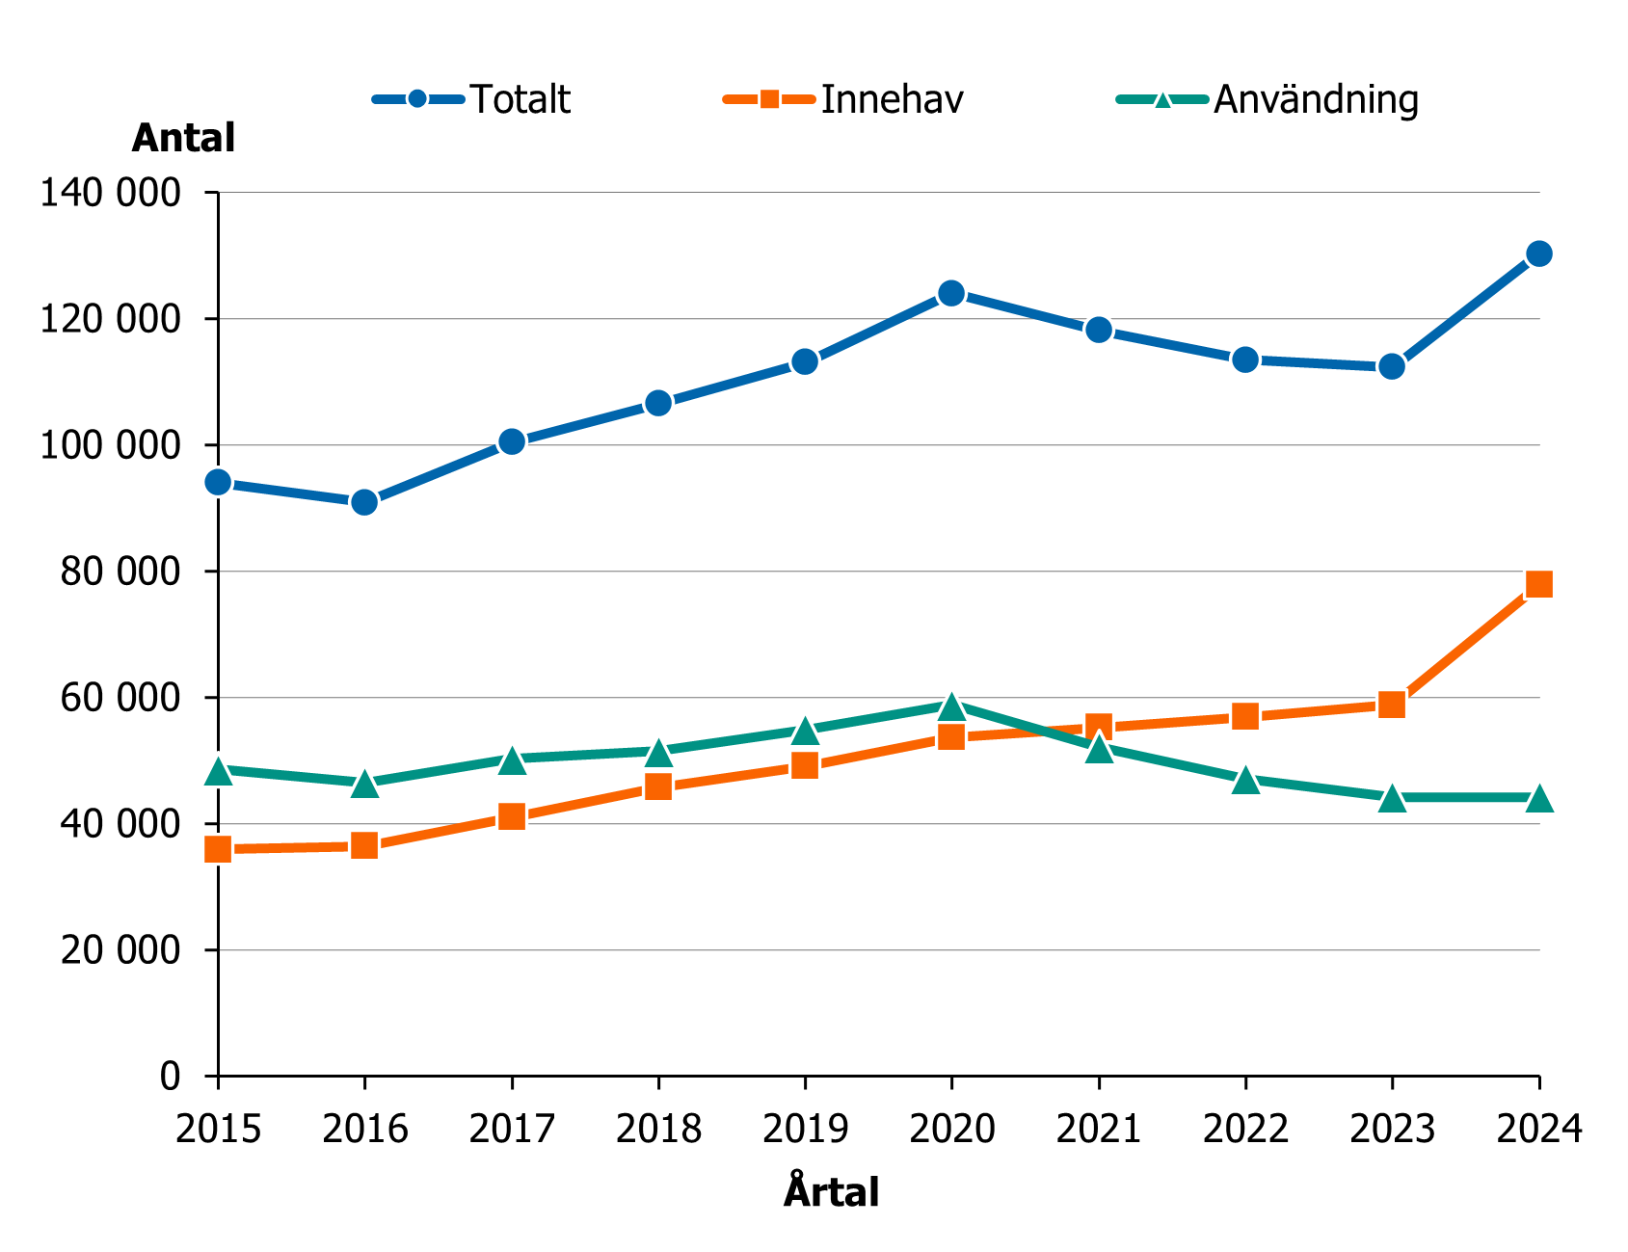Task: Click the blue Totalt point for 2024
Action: pyautogui.click(x=1538, y=253)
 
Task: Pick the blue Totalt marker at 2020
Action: pyautogui.click(x=951, y=293)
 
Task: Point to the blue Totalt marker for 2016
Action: pyautogui.click(x=364, y=502)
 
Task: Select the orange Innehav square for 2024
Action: pyautogui.click(x=1538, y=584)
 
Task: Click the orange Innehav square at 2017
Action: pyautogui.click(x=512, y=817)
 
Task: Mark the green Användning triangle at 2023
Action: pyautogui.click(x=1391, y=799)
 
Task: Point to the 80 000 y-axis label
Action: pyautogui.click(x=120, y=572)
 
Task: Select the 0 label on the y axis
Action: pyautogui.click(x=170, y=1076)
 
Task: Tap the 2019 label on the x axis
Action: pyautogui.click(x=805, y=1129)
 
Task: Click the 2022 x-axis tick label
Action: pyautogui.click(x=1244, y=1129)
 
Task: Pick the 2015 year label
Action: pyautogui.click(x=218, y=1129)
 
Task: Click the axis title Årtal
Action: pyautogui.click(x=831, y=1192)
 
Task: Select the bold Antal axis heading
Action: pyautogui.click(x=183, y=139)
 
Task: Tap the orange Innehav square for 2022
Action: pyautogui.click(x=1244, y=716)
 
